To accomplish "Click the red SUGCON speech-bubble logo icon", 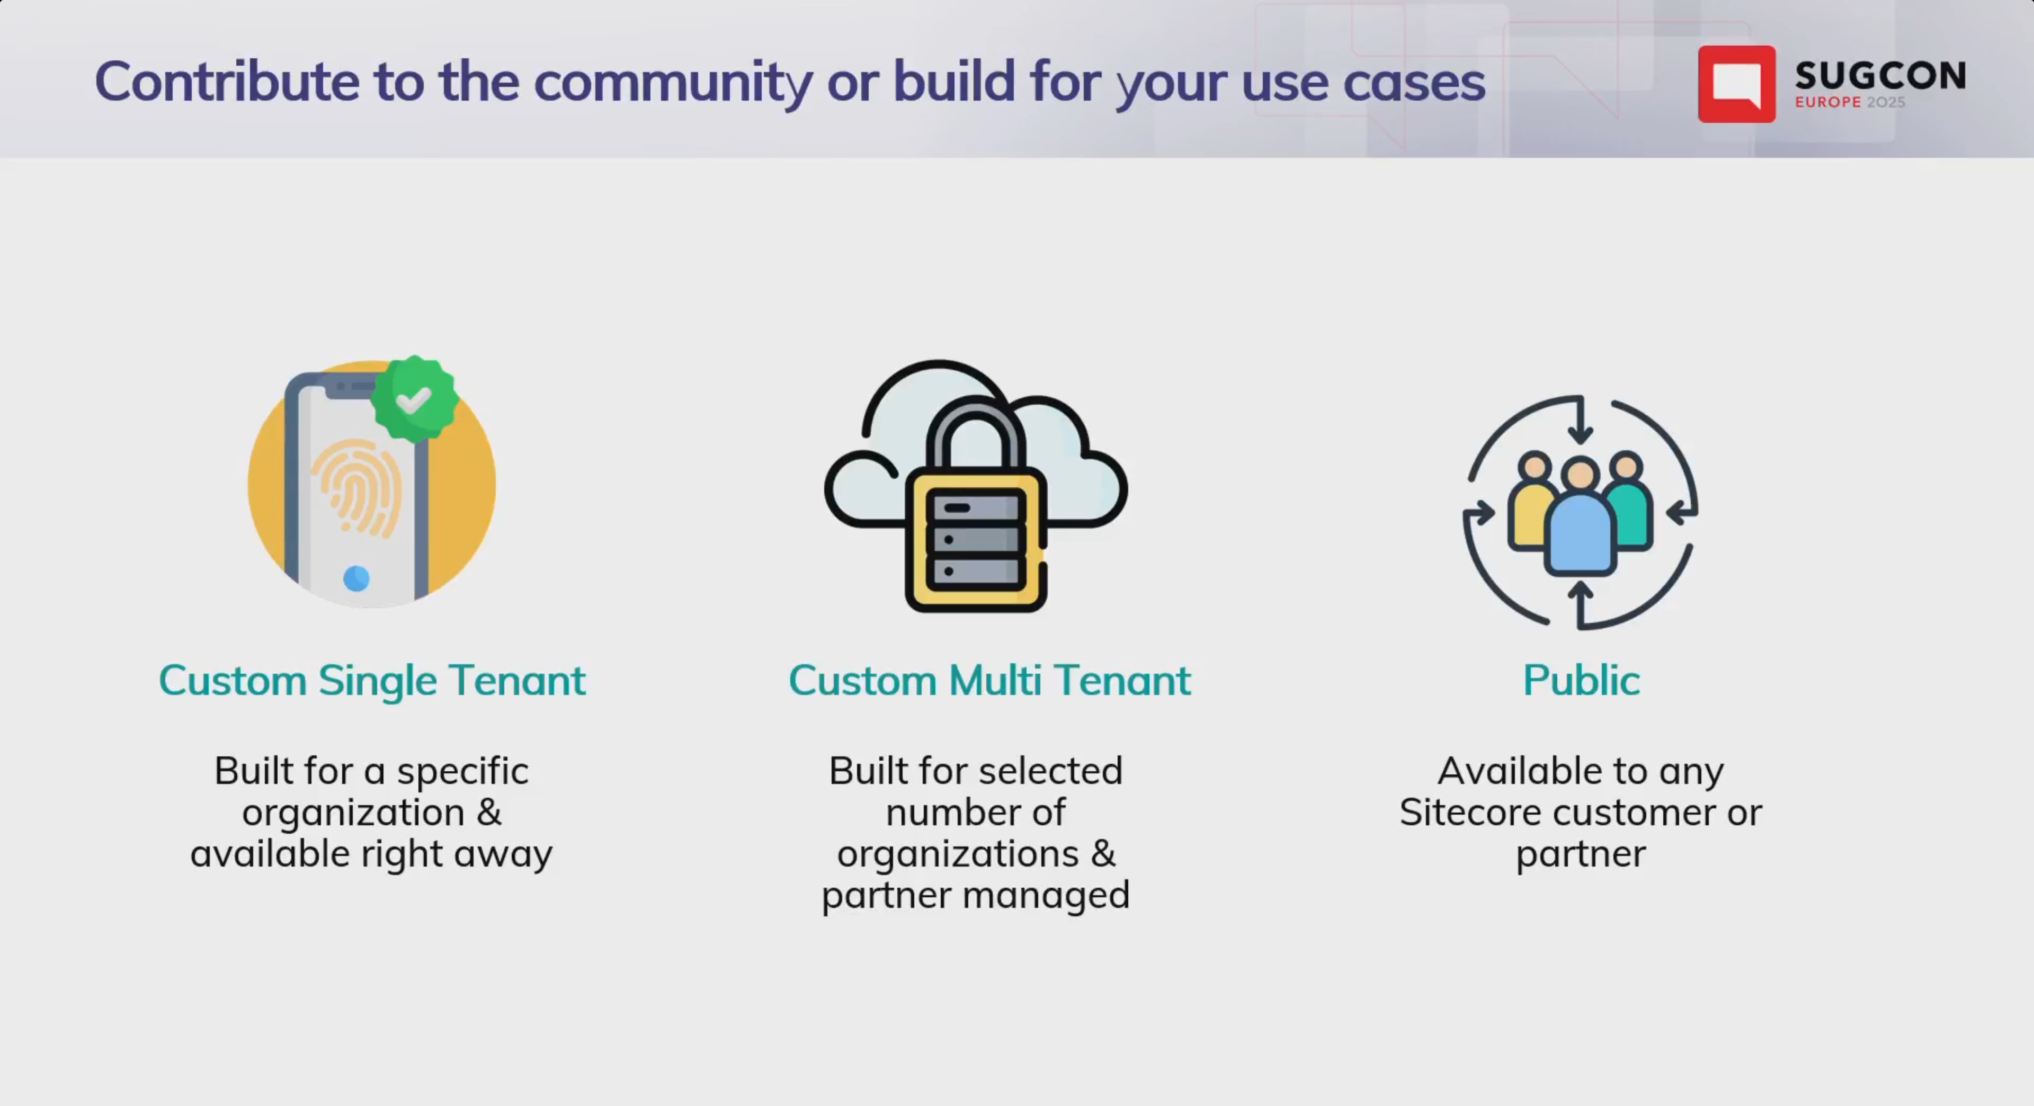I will click(x=1736, y=84).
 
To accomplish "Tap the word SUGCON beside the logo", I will click(x=1879, y=76).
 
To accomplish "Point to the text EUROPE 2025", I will click(x=1849, y=102).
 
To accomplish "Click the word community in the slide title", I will click(x=673, y=82).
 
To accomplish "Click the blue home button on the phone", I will click(x=356, y=578).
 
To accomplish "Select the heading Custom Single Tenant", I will click(x=372, y=681).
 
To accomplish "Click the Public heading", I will click(x=1581, y=681).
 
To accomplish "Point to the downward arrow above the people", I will click(x=1580, y=422).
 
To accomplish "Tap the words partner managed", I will click(x=975, y=895).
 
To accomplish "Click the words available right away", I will click(x=371, y=854).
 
